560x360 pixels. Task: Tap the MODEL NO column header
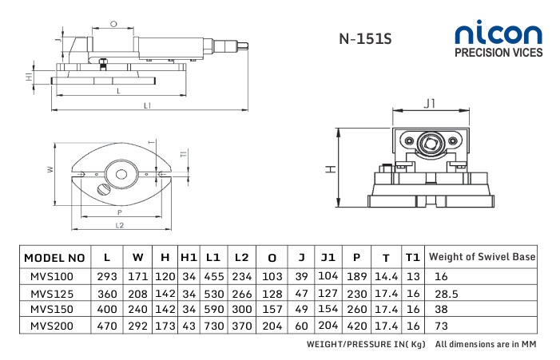coord(54,258)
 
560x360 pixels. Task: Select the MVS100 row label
coord(51,276)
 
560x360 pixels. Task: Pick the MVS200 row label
coord(51,326)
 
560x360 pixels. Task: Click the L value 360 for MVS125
coord(107,293)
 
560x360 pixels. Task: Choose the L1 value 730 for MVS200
coord(212,326)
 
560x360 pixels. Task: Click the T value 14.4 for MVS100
coord(386,276)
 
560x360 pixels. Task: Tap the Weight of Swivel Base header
coord(482,257)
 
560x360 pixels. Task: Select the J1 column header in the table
coord(328,258)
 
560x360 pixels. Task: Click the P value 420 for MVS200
coord(356,326)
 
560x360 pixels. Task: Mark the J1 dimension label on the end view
coord(429,104)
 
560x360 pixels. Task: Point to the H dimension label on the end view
coord(329,169)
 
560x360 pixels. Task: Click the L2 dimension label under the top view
coord(120,226)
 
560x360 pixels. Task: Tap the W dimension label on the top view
coord(50,169)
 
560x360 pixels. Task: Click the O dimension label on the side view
coord(113,24)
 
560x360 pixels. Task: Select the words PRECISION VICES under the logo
coord(498,53)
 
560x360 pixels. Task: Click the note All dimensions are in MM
coord(485,345)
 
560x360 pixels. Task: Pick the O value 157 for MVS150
coord(272,309)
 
